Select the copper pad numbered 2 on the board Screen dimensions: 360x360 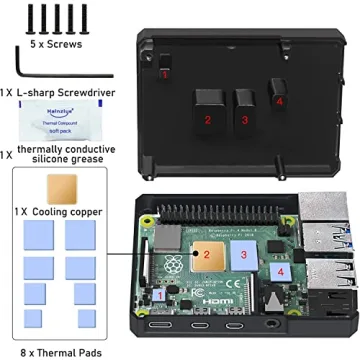(x=205, y=254)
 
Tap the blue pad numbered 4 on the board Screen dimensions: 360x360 (x=281, y=271)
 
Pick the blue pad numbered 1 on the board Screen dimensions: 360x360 (x=158, y=294)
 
